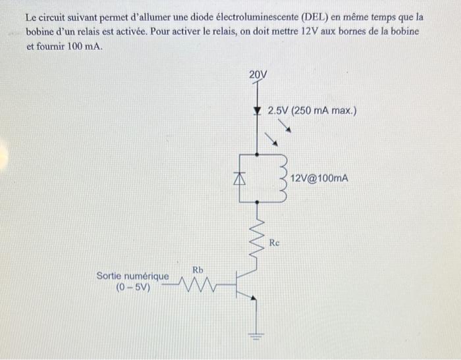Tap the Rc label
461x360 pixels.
coord(275,243)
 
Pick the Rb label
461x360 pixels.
coord(198,269)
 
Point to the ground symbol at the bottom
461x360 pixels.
coord(256,337)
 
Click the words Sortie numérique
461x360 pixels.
coord(132,276)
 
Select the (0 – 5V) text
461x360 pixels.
coord(133,288)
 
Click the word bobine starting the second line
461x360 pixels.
coord(40,32)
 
